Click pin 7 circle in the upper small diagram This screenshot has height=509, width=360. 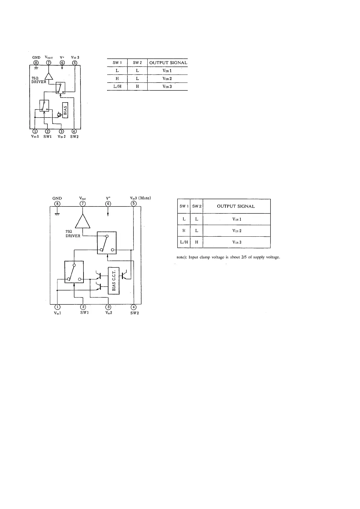point(48,63)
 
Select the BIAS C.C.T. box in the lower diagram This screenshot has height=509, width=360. point(114,280)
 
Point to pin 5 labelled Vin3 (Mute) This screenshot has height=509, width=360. point(133,203)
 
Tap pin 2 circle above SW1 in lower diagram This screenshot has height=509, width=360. point(83,307)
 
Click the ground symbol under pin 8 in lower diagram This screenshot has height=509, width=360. point(56,214)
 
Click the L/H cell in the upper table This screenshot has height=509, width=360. point(117,86)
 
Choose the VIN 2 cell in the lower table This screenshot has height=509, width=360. point(237,231)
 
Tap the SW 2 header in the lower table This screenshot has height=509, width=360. point(197,206)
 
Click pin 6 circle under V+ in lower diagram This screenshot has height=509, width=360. point(108,203)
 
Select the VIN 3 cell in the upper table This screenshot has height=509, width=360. point(167,87)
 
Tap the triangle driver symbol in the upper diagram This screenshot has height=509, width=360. point(49,76)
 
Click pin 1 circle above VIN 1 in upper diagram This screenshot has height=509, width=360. point(35,131)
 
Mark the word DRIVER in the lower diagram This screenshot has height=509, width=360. point(73,236)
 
